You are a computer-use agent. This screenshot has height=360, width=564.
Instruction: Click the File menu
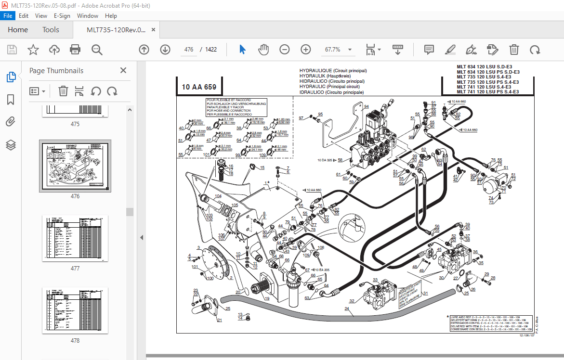click(x=8, y=15)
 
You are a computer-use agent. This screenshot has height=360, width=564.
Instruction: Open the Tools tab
click(x=51, y=30)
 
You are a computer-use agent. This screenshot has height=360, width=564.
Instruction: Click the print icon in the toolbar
click(x=75, y=50)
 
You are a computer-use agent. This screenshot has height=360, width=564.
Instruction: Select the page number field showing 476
click(x=188, y=50)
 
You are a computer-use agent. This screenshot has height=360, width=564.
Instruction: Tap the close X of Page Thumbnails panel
click(x=123, y=70)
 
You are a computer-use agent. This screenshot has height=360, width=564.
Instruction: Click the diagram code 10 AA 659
click(x=199, y=87)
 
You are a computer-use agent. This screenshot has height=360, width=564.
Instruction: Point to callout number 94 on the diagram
click(x=367, y=107)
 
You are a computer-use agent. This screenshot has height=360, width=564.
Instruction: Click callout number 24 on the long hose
click(x=346, y=309)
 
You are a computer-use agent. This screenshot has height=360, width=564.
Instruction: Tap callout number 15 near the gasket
click(x=262, y=168)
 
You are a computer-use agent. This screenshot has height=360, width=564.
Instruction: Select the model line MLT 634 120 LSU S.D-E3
click(x=487, y=67)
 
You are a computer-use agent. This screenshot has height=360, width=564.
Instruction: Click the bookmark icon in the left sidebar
click(x=11, y=100)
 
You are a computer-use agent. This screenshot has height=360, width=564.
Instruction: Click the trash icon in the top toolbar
click(x=514, y=50)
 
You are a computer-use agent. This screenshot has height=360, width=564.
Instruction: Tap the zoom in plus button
click(x=306, y=50)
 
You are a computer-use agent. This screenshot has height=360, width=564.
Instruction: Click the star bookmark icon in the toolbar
click(x=33, y=50)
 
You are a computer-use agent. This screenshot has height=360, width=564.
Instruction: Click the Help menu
click(x=111, y=15)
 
